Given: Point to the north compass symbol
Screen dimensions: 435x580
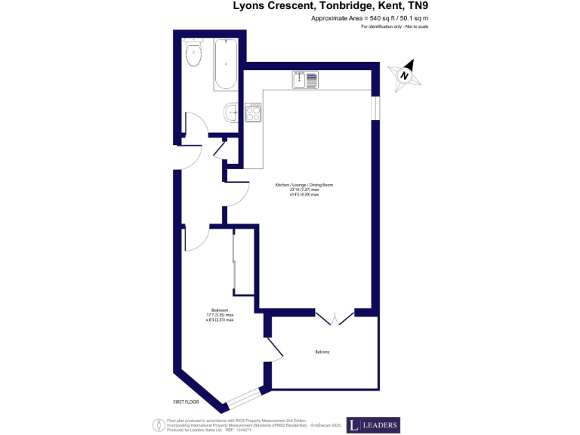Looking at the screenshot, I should tap(405, 75).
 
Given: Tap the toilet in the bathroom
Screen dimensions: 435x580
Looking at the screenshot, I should tap(193, 52).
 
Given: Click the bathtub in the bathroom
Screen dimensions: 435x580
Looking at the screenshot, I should tap(226, 65).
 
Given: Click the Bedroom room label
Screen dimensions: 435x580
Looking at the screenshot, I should tap(220, 310).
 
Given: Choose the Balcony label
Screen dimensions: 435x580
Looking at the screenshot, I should tap(322, 352).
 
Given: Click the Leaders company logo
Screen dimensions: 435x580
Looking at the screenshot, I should tap(373, 425).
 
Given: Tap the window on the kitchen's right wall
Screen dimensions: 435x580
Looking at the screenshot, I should tap(375, 106).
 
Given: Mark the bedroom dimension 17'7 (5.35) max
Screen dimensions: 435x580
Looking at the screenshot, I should tap(220, 315).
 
